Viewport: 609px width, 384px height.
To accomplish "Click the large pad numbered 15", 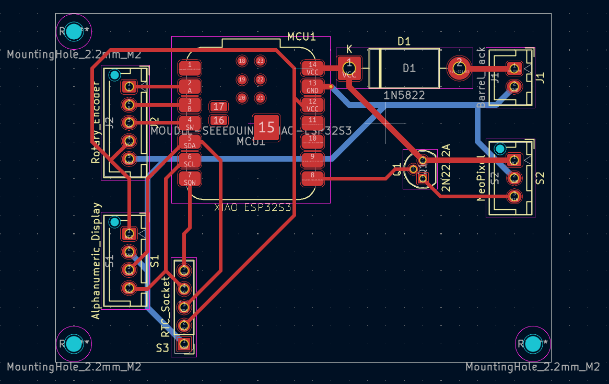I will tap(266, 127).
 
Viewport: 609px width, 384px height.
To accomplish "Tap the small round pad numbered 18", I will tap(242, 61).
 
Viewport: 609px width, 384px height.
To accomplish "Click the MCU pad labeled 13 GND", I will tap(312, 87).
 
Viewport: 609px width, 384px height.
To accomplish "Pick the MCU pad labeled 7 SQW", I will tap(190, 179).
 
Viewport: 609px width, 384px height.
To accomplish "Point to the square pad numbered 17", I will tap(219, 107).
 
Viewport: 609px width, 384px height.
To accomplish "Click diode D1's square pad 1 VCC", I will tap(349, 69).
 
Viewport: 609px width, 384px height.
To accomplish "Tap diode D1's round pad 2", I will tap(459, 67).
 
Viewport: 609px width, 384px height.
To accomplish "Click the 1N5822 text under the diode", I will tap(404, 95).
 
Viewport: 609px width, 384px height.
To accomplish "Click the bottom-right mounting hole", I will tap(533, 344).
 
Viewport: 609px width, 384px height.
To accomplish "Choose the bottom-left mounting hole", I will tap(74, 344).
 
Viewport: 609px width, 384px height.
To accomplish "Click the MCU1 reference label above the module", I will tap(301, 37).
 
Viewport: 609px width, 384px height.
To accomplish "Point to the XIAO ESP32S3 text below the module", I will tap(253, 208).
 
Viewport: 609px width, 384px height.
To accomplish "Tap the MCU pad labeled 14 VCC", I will tap(312, 69).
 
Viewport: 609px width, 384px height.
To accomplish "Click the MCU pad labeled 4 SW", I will tap(190, 123).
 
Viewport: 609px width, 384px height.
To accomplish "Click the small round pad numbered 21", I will tap(260, 98).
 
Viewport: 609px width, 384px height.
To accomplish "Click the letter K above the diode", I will tap(349, 49).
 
